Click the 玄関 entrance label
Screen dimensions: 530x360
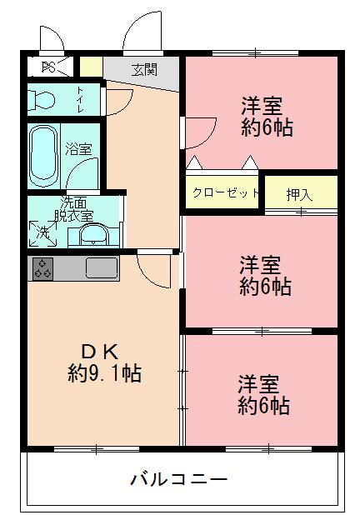click(x=143, y=70)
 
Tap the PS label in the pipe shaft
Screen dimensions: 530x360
click(x=48, y=66)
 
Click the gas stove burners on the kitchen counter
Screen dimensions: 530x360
click(x=43, y=268)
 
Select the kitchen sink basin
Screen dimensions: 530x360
click(x=102, y=268)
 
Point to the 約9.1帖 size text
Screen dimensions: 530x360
click(x=104, y=372)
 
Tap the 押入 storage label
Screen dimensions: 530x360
click(x=300, y=195)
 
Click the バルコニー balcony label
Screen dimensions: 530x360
click(x=178, y=480)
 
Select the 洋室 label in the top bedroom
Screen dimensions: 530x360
click(x=262, y=107)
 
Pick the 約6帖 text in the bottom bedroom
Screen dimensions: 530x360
click(x=263, y=407)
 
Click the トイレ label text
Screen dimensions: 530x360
click(x=81, y=97)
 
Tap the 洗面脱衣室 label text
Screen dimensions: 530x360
click(x=77, y=208)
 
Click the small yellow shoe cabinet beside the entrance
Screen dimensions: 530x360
click(x=91, y=66)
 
